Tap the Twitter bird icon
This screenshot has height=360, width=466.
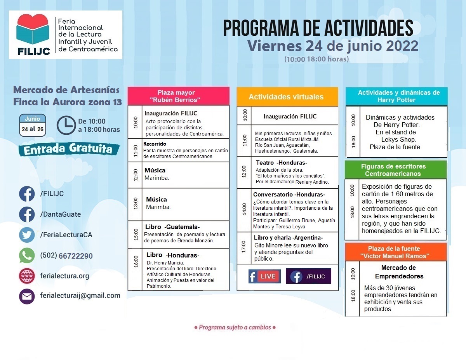pyautogui.click(x=27, y=235)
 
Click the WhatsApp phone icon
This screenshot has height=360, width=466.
pyautogui.click(x=27, y=256)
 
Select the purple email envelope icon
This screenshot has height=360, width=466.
pyautogui.click(x=27, y=296)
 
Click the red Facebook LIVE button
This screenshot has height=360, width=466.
pyautogui.click(x=264, y=276)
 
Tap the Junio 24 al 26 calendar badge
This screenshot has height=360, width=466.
pyautogui.click(x=33, y=125)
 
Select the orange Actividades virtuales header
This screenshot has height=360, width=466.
pyautogui.click(x=287, y=97)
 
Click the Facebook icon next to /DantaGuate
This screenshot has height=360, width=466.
pyautogui.click(x=27, y=214)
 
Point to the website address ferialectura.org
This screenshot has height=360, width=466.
pyautogui.click(x=64, y=276)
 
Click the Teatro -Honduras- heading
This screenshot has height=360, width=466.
pyautogui.click(x=282, y=162)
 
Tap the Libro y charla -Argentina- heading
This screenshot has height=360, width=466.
pyautogui.click(x=288, y=237)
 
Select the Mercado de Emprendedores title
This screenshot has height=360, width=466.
pyautogui.click(x=398, y=272)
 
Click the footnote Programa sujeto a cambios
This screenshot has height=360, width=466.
pyautogui.click(x=235, y=327)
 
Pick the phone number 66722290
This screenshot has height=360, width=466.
pyautogui.click(x=75, y=256)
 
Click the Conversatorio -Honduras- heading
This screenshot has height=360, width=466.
pyautogui.click(x=289, y=195)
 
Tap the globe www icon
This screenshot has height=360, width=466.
pyautogui.click(x=27, y=276)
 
